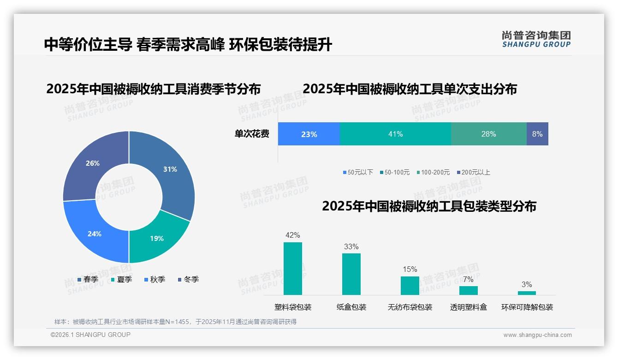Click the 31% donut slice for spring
[171, 171]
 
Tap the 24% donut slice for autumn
[95, 233]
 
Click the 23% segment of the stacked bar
[309, 134]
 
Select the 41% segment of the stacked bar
[395, 134]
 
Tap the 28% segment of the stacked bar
[488, 134]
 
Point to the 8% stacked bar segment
[537, 134]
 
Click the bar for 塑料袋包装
[293, 269]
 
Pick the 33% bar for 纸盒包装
[351, 274]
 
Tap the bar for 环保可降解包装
[527, 293]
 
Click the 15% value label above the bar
[410, 269]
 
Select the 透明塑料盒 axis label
[468, 307]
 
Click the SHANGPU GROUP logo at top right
[536, 39]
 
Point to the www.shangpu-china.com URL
[537, 335]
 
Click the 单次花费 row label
[252, 134]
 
